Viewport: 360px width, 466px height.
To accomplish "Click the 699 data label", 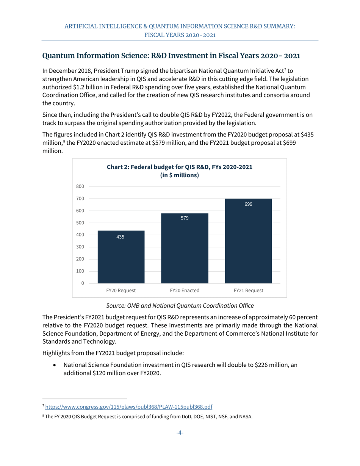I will [248, 204].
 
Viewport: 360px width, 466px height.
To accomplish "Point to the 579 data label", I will [185, 218].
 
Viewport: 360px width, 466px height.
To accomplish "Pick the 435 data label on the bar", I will [121, 237].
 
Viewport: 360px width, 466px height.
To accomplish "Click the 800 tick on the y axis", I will [80, 186].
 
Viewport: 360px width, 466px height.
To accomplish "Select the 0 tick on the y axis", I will [82, 283].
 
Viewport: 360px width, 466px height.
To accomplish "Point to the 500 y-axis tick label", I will [80, 223].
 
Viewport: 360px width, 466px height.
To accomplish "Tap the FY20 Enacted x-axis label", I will [185, 291].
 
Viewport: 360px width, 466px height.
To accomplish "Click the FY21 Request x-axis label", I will [248, 291].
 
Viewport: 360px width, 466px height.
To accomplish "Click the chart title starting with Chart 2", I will [180, 171].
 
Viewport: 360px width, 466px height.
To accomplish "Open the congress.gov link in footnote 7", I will [128, 407].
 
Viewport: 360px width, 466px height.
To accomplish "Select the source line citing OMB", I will [180, 305].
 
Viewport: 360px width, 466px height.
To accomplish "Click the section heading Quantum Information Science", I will [171, 56].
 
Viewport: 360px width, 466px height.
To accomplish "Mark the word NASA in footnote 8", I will [245, 417].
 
